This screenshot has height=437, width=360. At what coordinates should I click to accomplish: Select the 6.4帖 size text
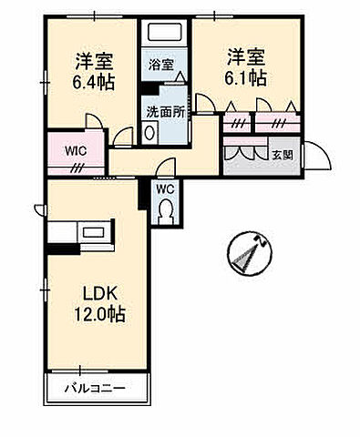click(x=90, y=79)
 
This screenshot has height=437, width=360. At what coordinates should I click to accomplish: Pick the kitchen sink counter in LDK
click(x=82, y=232)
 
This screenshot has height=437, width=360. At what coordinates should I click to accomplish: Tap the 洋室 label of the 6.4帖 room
click(x=91, y=60)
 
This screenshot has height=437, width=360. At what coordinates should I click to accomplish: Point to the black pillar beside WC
click(x=143, y=192)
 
